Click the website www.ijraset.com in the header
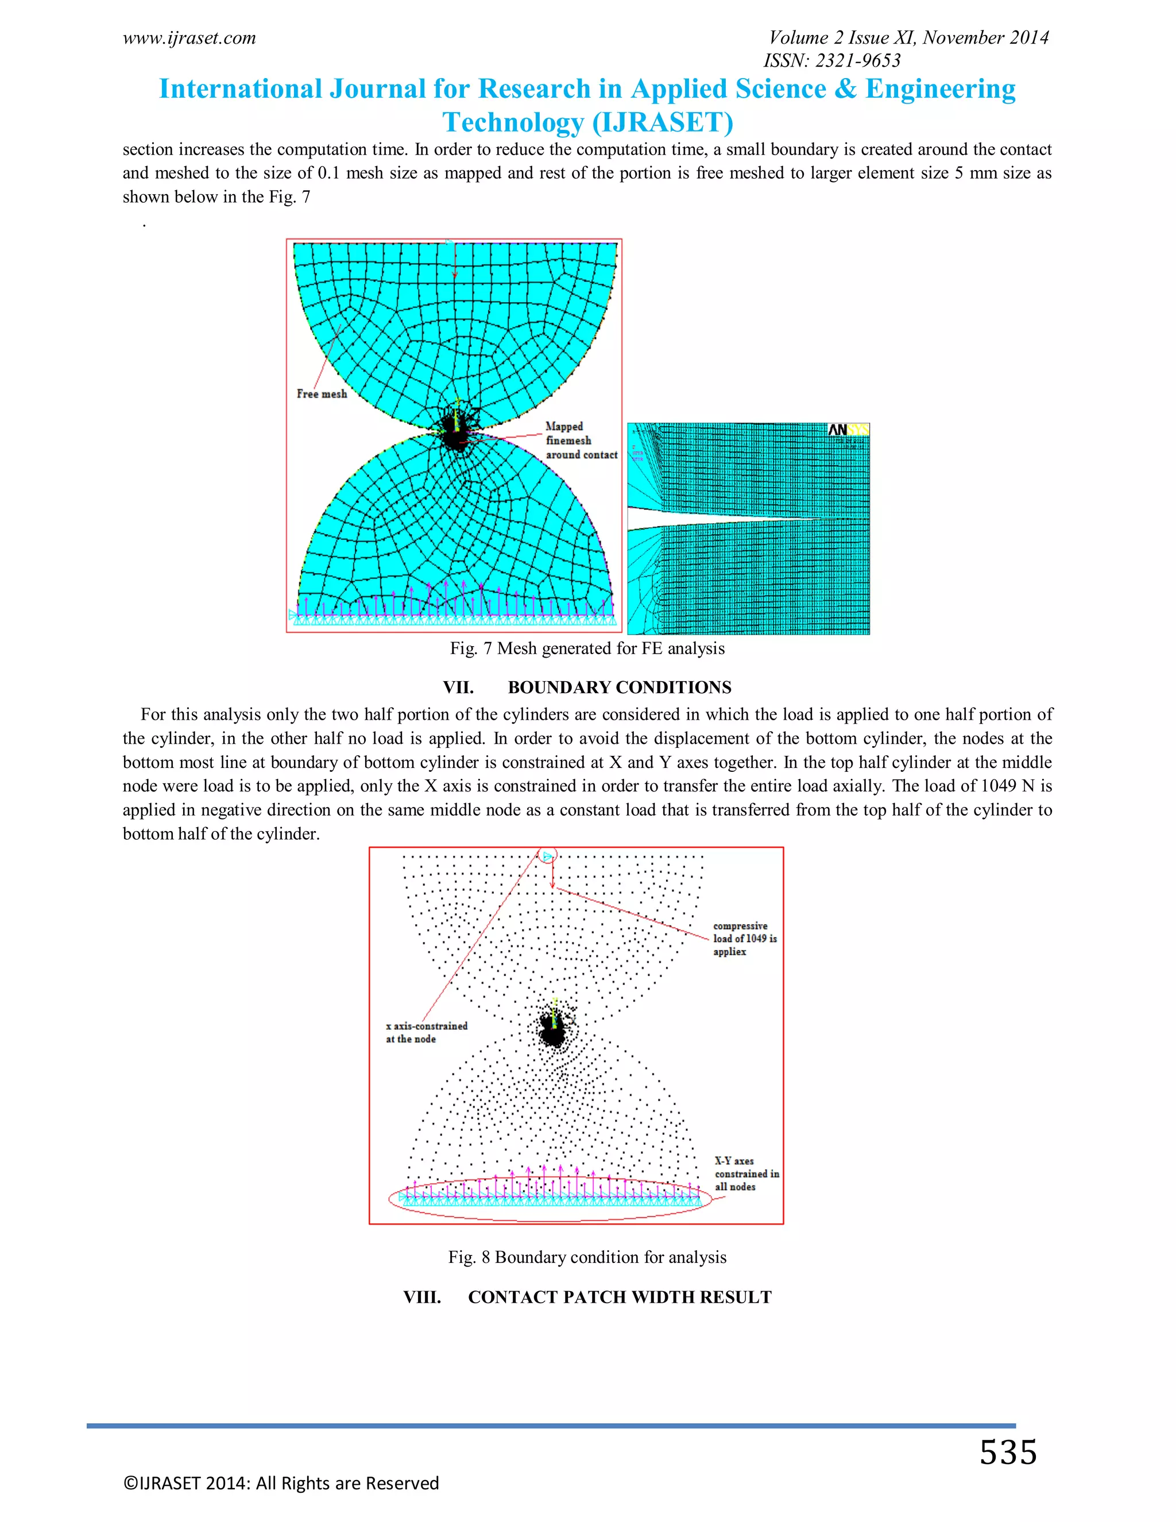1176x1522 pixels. pos(189,38)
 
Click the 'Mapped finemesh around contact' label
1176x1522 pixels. pos(581,441)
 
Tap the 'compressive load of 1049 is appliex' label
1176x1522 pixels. pos(744,938)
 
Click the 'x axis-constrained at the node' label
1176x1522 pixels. pos(427,1032)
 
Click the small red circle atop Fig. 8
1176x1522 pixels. pos(548,856)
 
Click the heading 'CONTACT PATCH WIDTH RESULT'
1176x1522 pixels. pos(620,1297)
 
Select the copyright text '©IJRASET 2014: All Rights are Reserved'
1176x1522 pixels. pos(281,1483)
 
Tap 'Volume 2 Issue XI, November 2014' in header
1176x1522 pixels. pos(908,38)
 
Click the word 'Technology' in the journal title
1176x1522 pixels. pos(513,123)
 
